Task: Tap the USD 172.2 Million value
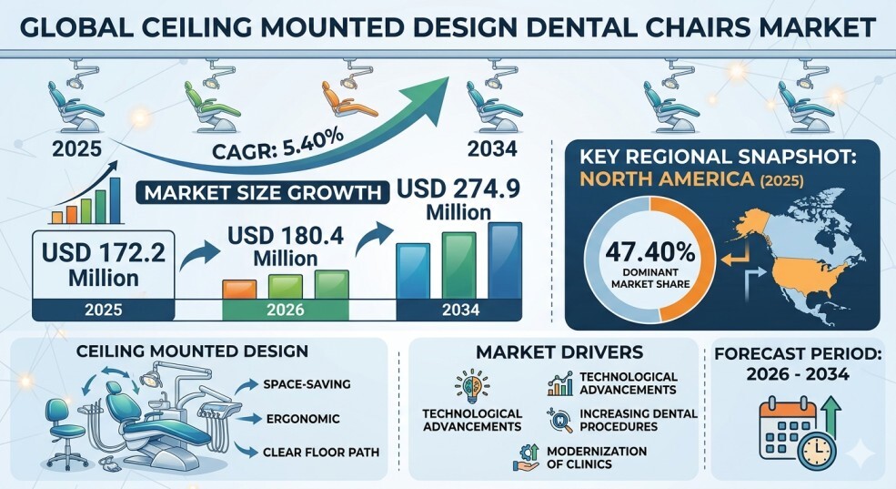click(104, 265)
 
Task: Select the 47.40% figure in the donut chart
click(650, 251)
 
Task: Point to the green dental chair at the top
click(210, 96)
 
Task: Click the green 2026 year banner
click(285, 310)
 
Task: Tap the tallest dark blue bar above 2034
click(505, 260)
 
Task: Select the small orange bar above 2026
click(239, 289)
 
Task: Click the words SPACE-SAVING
click(307, 384)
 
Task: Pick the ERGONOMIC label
click(303, 419)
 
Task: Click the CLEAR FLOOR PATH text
click(321, 453)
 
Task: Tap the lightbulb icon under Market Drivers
click(472, 386)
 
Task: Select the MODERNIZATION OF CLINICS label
click(597, 457)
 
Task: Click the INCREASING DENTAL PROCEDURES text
click(639, 420)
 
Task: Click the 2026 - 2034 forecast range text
click(797, 374)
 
